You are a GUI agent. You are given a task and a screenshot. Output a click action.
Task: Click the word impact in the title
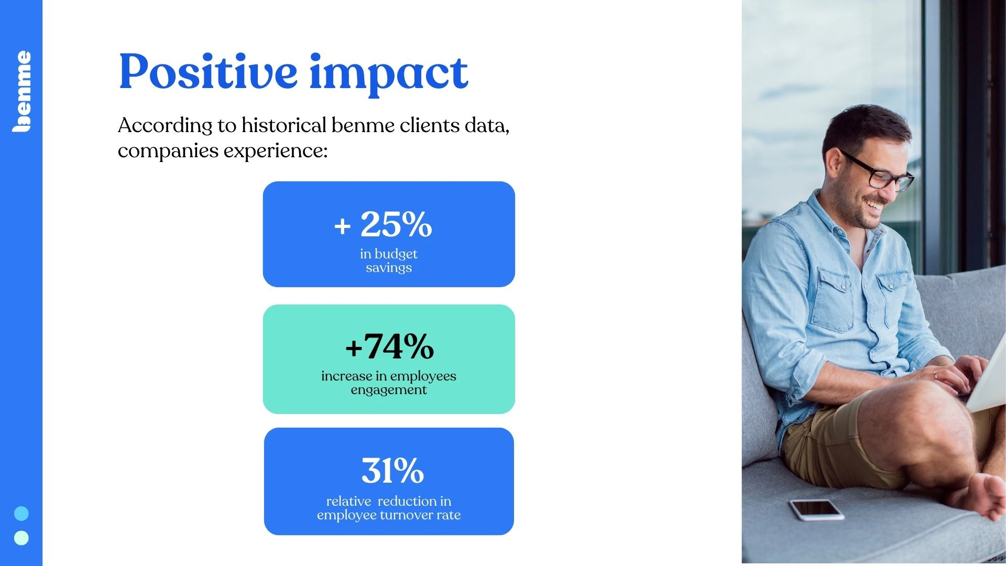pos(388,75)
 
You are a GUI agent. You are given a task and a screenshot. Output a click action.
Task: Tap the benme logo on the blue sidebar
pos(22,91)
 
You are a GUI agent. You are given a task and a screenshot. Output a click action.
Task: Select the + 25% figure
pos(383,224)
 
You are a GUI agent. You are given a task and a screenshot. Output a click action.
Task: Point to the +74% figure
pos(389,346)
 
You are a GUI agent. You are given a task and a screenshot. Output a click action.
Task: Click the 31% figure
pos(392,470)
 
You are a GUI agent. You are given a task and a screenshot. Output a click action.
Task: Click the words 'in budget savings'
pos(389,260)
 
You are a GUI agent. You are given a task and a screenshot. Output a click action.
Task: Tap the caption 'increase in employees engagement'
pos(389,383)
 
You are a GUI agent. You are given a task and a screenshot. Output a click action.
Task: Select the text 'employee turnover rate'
pos(389,515)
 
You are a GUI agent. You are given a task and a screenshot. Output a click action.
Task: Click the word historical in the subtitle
pos(284,125)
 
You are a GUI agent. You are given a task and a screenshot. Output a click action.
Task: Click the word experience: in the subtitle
pos(276,151)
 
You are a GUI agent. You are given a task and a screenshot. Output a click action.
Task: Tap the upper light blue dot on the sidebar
pos(21,513)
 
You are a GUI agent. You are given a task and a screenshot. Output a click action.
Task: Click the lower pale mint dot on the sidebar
pos(21,538)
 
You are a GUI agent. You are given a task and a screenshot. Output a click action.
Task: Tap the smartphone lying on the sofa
pos(816,509)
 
